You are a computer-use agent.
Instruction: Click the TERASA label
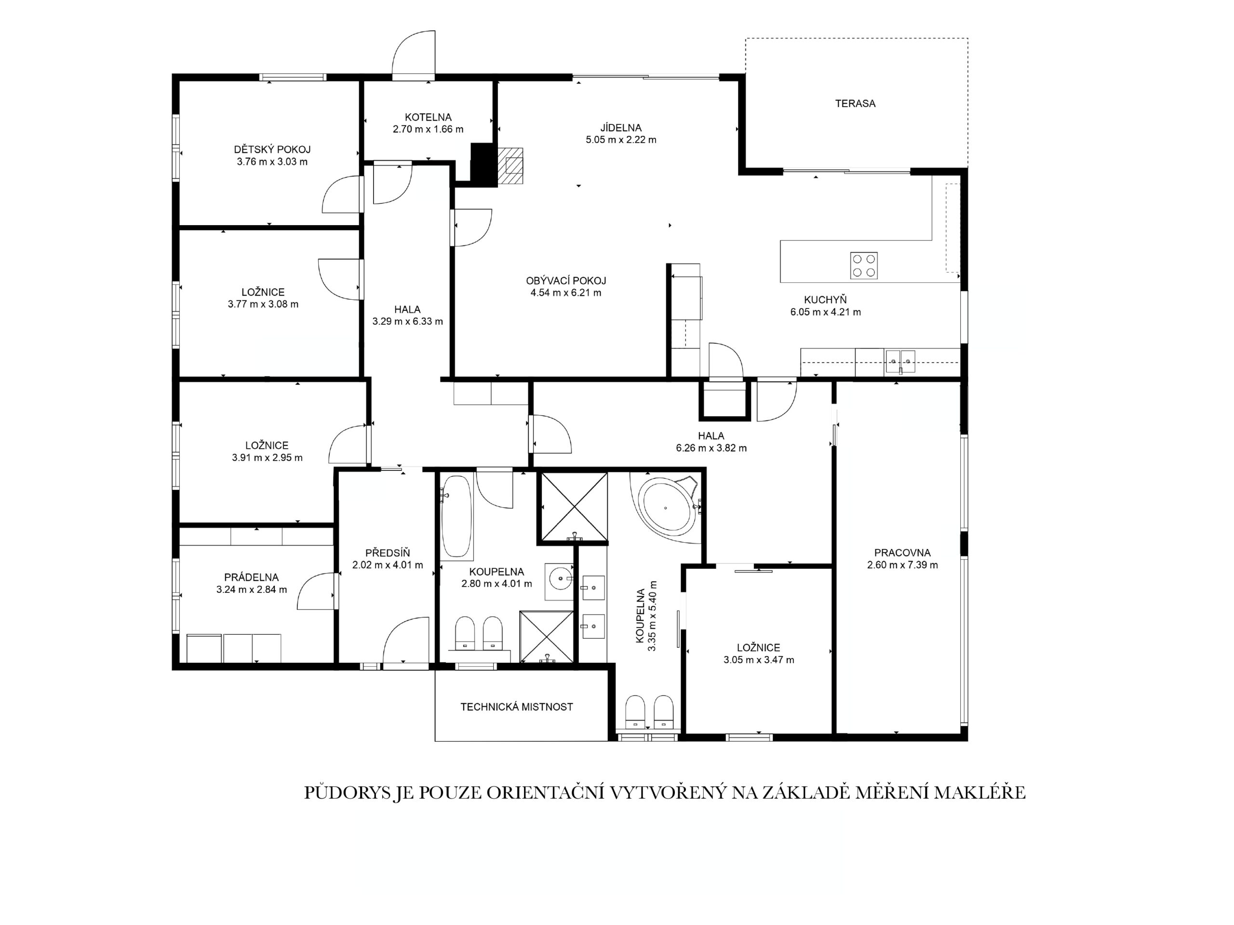(855, 104)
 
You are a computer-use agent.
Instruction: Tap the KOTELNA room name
(428, 117)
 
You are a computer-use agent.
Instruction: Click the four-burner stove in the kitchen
(864, 266)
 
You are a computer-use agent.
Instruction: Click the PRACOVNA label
(902, 553)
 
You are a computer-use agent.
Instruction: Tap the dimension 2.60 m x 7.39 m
(902, 565)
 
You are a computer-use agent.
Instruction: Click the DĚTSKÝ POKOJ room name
(272, 149)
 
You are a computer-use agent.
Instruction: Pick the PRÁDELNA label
(252, 577)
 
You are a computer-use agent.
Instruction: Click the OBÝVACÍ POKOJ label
(566, 281)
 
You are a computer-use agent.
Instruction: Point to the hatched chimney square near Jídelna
(510, 165)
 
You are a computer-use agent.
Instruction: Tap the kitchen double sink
(900, 362)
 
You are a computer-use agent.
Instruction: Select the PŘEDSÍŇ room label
(388, 553)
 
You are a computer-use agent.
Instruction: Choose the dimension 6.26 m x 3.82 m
(711, 448)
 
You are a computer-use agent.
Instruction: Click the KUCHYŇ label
(825, 300)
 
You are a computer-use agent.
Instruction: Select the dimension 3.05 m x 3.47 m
(759, 660)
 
